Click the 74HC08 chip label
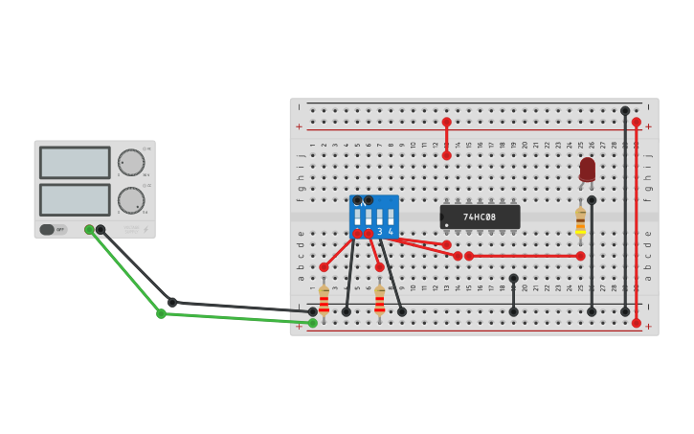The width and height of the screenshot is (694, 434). point(480,217)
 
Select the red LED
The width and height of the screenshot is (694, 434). point(587,170)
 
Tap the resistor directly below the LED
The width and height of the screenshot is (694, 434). point(580,220)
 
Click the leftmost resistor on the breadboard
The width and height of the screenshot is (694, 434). point(324,300)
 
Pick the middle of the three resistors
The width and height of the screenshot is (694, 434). point(379,300)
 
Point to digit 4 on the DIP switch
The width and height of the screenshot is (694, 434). point(391,232)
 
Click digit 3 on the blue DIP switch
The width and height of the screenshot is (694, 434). point(379,232)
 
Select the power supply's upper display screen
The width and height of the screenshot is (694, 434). point(75,162)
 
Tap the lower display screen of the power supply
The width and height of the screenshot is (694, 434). point(75,199)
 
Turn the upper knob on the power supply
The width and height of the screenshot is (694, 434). point(131,162)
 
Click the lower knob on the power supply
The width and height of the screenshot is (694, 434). point(131,200)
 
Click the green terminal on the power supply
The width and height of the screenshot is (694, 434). point(89,230)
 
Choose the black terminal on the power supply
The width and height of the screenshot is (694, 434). point(101,230)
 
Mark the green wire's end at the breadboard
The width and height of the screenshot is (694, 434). point(312,323)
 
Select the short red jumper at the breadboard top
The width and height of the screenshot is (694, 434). point(446,139)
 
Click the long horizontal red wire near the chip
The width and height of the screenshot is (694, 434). point(525,256)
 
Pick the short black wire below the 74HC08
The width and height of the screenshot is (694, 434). point(513,295)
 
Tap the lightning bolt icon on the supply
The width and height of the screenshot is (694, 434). point(146,230)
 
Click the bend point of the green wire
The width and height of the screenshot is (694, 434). point(161,313)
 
